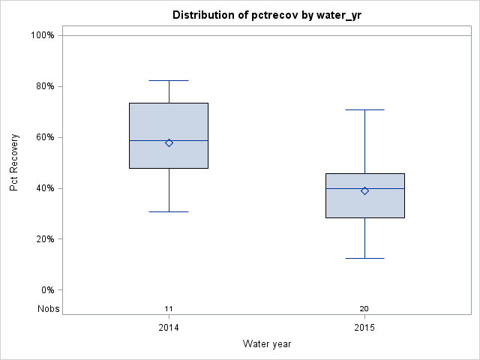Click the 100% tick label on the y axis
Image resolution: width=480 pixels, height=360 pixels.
(x=42, y=35)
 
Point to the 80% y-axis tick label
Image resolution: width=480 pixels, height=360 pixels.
(x=44, y=86)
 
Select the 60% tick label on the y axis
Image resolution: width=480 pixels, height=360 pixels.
(x=44, y=137)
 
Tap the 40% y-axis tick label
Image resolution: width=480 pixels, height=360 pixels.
(x=44, y=188)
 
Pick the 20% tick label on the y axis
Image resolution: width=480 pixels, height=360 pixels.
(x=44, y=239)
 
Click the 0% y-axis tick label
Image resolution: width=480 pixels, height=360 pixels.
(x=46, y=290)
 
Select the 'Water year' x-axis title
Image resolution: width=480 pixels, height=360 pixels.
(x=267, y=344)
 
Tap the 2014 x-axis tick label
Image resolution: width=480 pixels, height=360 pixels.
(x=169, y=328)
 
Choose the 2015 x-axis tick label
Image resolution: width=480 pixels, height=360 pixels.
(x=364, y=328)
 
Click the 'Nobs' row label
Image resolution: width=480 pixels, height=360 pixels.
(x=49, y=308)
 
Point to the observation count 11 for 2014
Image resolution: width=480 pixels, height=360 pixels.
(x=169, y=308)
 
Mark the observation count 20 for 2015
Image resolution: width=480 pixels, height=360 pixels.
(x=364, y=308)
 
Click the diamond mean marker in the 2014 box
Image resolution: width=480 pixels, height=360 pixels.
(x=169, y=142)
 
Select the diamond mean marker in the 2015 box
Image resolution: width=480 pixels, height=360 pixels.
(x=364, y=190)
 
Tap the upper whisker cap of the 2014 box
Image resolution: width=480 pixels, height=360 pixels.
(x=169, y=80)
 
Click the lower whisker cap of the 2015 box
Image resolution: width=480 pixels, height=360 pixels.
(x=364, y=258)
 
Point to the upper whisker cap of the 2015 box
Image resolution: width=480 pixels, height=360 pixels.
(x=364, y=109)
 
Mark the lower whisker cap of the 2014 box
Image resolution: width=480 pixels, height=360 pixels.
(x=169, y=211)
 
